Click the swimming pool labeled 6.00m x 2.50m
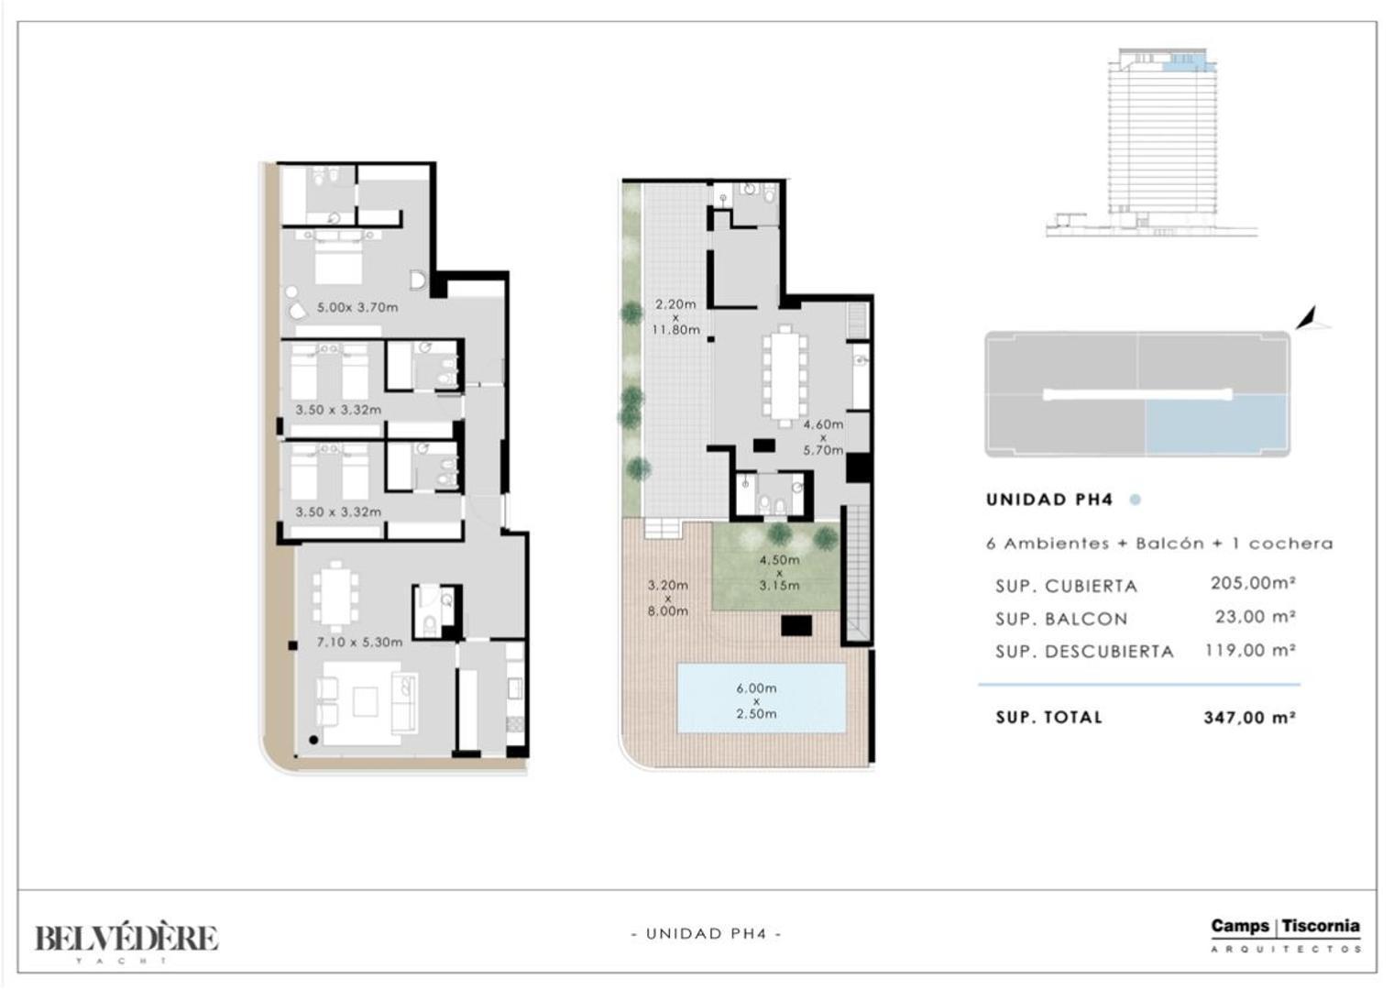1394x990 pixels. [x=761, y=698]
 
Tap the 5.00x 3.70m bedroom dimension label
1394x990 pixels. [x=357, y=307]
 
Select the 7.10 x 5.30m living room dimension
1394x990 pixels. [x=359, y=642]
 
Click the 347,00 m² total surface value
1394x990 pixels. [x=1249, y=718]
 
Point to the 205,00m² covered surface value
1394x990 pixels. [x=1253, y=583]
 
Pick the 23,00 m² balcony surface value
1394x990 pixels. [x=1256, y=617]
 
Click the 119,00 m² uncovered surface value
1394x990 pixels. [x=1250, y=650]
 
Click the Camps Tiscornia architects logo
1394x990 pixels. [x=1286, y=935]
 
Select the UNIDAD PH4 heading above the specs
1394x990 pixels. [x=1049, y=500]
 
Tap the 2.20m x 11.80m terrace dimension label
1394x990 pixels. [x=675, y=317]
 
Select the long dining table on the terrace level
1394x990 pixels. [x=785, y=377]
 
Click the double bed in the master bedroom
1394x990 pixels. [x=338, y=260]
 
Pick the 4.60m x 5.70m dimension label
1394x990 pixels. [x=823, y=437]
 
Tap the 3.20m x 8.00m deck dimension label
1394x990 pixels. [x=668, y=598]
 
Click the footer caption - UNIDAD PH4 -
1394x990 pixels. [x=707, y=934]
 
